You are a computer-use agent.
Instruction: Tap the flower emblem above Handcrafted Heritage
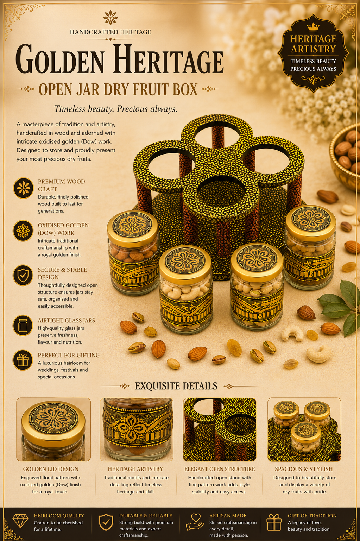(110, 18)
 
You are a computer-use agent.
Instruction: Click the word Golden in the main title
(60, 59)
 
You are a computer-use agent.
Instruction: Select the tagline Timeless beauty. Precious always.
(116, 109)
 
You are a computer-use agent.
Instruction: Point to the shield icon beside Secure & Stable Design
(23, 275)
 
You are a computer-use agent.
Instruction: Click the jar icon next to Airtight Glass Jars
(23, 325)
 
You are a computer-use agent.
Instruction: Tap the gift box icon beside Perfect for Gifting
(23, 360)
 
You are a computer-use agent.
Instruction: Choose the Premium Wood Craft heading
(61, 185)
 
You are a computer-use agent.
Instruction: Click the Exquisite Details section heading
(176, 386)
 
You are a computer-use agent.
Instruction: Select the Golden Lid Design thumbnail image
(53, 430)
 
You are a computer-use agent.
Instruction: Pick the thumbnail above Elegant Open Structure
(220, 430)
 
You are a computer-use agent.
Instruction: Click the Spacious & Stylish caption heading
(304, 469)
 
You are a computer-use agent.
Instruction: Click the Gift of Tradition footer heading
(312, 516)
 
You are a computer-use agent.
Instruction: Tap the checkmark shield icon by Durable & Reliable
(106, 522)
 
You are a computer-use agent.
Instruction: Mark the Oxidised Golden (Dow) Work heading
(63, 229)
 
